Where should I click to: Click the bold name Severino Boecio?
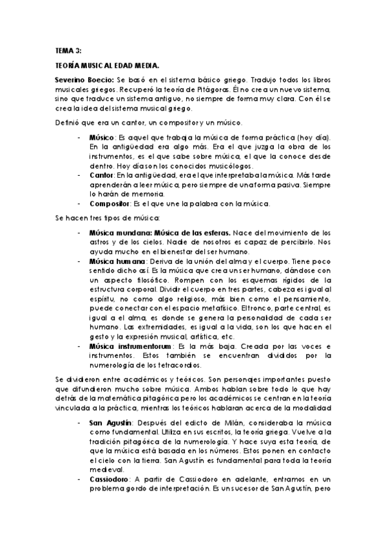click(x=85, y=77)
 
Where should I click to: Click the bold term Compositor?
click(x=108, y=203)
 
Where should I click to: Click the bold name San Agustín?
click(x=109, y=422)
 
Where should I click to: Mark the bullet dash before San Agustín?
click(x=79, y=422)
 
